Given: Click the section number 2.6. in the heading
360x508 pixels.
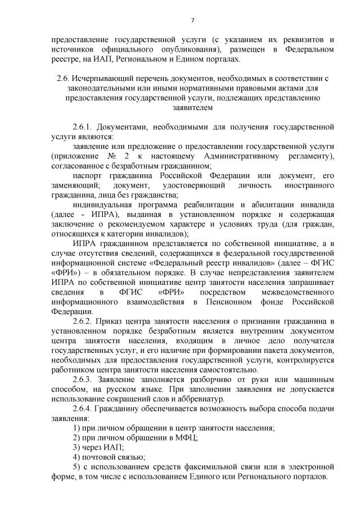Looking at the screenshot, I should click(x=63, y=77).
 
